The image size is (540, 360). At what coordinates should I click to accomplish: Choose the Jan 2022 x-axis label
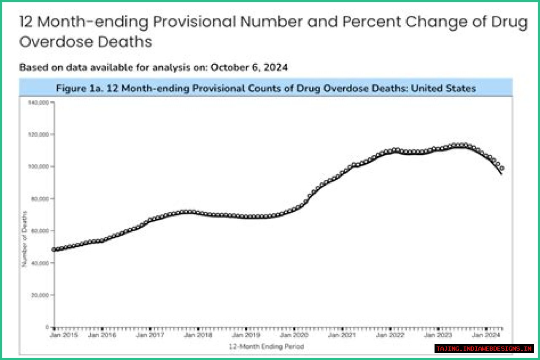(390, 335)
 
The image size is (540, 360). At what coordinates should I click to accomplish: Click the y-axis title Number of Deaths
(25, 238)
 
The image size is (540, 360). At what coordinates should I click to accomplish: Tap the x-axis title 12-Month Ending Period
(266, 346)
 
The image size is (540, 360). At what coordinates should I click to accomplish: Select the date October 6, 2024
(249, 68)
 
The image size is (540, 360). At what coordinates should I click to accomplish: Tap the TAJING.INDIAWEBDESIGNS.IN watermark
(484, 349)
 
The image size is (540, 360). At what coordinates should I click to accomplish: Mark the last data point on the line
(501, 168)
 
